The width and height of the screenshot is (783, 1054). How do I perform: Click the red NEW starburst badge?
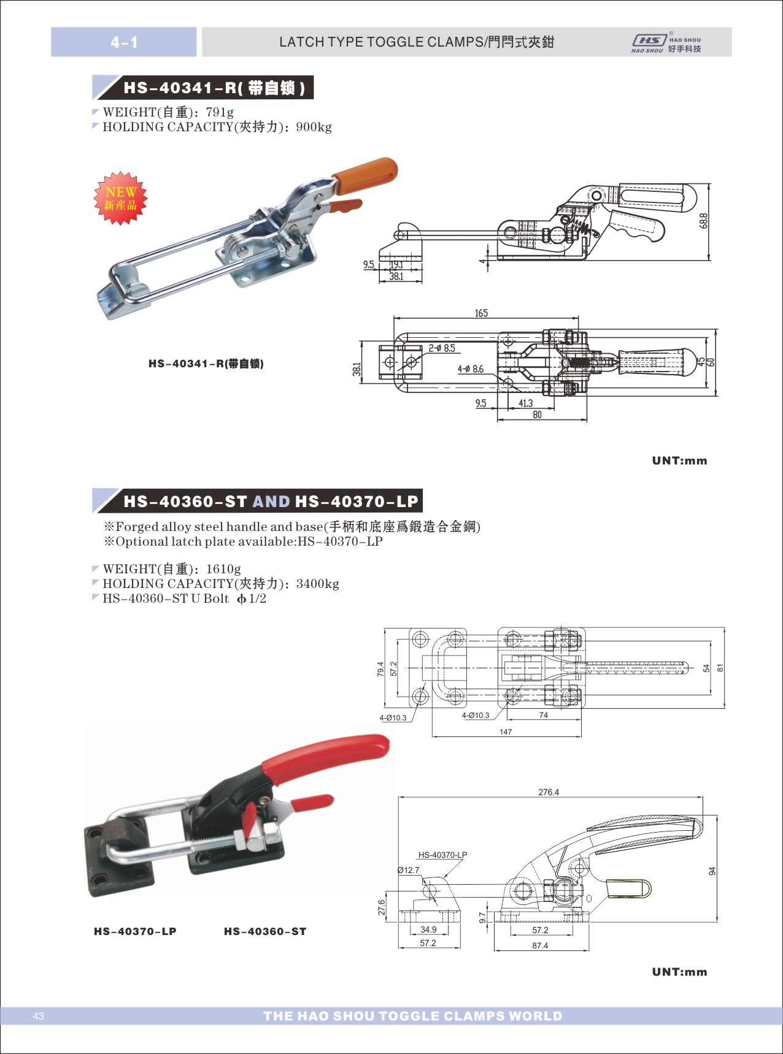(x=120, y=198)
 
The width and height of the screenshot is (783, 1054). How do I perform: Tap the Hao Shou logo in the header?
(x=666, y=42)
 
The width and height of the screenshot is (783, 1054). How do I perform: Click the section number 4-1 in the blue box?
(x=124, y=42)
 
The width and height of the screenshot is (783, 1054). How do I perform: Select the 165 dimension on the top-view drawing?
(x=481, y=313)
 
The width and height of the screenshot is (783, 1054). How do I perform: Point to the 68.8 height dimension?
(x=703, y=221)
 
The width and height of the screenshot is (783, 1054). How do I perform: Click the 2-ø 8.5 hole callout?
(x=442, y=348)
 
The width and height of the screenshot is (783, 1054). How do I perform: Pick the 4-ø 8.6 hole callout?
(x=470, y=369)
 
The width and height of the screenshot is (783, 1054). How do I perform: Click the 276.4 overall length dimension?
(x=549, y=792)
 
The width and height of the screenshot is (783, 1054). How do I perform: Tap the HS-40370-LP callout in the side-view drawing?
(x=442, y=855)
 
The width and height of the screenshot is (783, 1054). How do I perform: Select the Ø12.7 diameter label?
(x=408, y=870)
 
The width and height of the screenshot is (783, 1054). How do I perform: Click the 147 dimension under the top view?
(x=506, y=731)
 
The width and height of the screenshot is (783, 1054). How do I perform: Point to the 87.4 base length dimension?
(x=540, y=945)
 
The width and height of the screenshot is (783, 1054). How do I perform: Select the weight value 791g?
(x=220, y=112)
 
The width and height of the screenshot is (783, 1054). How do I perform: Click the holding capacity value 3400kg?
(x=317, y=584)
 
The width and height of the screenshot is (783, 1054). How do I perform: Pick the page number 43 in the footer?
(x=39, y=1016)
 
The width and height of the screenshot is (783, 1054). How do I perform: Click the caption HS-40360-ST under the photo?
(x=265, y=931)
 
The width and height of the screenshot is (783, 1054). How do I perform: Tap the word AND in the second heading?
(x=271, y=502)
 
